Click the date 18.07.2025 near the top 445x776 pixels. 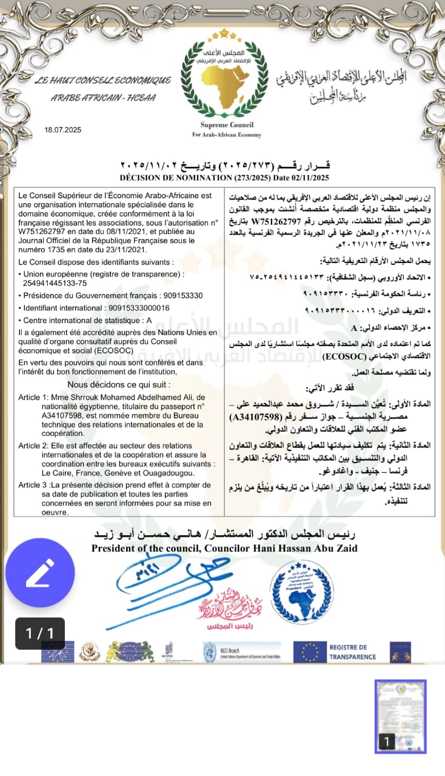(63, 130)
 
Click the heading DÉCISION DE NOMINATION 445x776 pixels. (176, 178)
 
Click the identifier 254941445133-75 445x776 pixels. (55, 283)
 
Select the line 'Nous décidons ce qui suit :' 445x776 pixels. (119, 384)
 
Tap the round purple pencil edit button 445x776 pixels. (40, 572)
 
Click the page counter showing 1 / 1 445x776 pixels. (40, 634)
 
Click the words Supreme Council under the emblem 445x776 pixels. (227, 125)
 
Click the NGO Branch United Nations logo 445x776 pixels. (241, 652)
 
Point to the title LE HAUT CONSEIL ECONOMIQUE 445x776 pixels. (103, 81)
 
